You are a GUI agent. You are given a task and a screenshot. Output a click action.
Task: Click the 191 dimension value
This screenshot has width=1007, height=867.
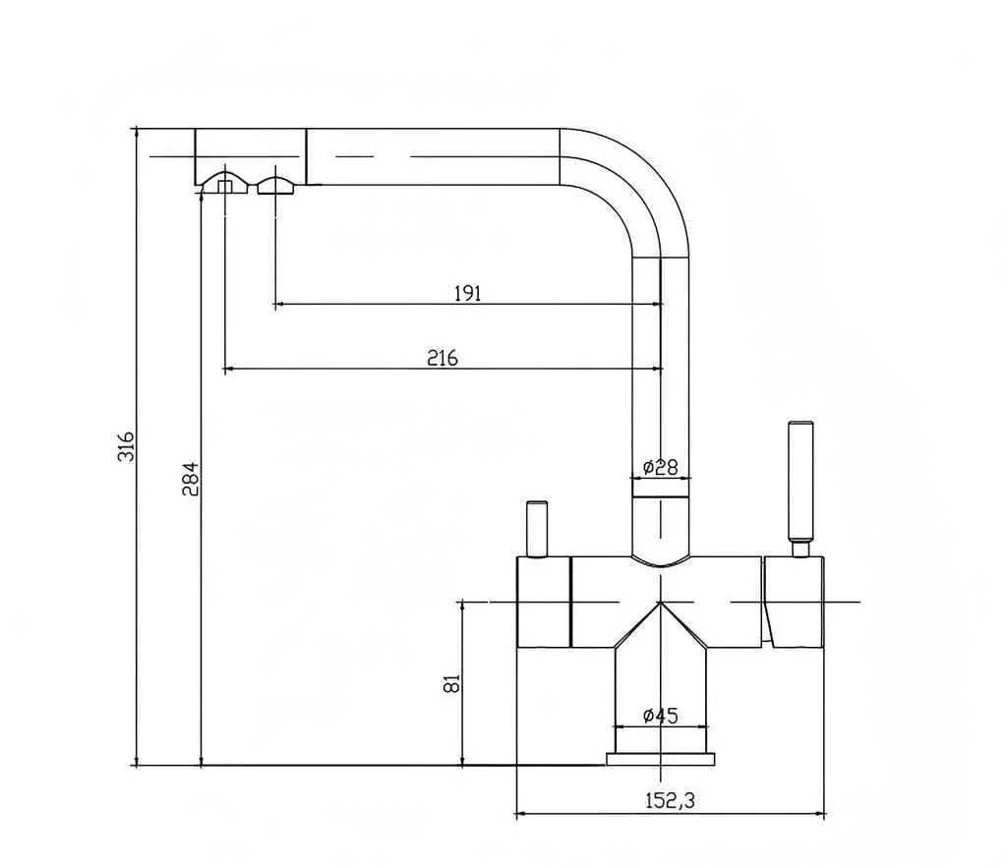click(467, 293)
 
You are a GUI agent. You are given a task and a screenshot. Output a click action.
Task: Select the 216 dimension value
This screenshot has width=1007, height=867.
click(443, 358)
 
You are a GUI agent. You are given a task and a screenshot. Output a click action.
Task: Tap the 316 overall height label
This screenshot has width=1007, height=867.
click(126, 447)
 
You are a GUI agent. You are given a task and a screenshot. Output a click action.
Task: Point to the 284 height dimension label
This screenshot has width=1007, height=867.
click(191, 479)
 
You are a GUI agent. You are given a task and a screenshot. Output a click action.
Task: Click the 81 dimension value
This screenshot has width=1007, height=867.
click(451, 683)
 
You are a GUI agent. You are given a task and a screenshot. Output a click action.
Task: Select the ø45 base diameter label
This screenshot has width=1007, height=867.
click(660, 716)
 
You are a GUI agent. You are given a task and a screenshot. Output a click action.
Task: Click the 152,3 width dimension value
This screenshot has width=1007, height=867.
click(670, 800)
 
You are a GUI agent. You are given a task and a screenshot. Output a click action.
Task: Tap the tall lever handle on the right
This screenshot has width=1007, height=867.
click(800, 482)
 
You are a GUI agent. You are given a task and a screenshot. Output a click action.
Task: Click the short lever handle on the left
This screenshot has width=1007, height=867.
click(537, 529)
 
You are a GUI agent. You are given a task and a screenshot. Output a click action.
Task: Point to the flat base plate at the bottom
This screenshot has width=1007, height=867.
click(660, 759)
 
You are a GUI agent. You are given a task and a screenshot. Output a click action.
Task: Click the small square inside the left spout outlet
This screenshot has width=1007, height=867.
click(224, 186)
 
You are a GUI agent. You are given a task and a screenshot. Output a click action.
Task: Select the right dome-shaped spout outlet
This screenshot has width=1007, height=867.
click(275, 185)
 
